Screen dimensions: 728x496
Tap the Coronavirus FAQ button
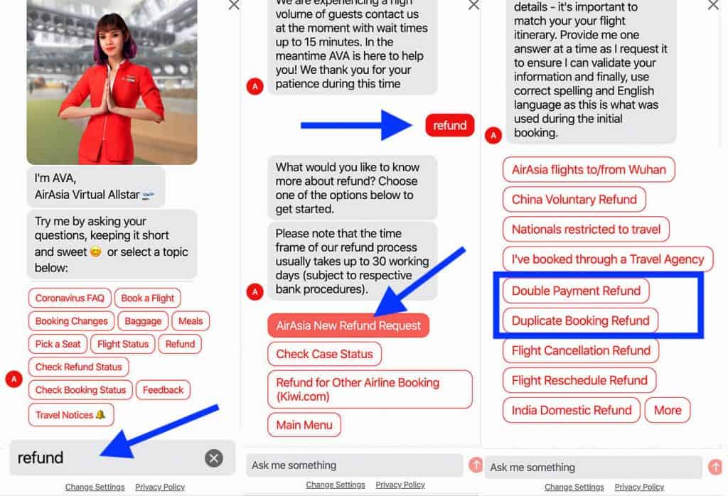point(70,298)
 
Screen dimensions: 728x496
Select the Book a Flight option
point(148,298)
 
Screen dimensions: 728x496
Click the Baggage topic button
point(143,321)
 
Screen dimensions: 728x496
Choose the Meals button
point(191,321)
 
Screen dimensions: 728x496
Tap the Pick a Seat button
point(58,344)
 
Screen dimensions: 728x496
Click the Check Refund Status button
point(79,367)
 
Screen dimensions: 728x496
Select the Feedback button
point(163,390)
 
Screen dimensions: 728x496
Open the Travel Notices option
point(71,415)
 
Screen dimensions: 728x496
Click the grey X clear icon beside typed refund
point(213,458)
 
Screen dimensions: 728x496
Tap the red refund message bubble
point(450,125)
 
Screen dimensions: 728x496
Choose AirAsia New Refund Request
point(348,325)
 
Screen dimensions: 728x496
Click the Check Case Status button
point(324,354)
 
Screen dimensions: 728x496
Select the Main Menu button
point(304,425)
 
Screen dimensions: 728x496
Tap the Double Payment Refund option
point(576,291)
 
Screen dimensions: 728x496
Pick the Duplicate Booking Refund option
point(580,320)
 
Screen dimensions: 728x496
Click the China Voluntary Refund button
point(574,200)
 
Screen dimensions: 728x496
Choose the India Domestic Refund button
point(572,410)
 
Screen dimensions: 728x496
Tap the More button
point(668,410)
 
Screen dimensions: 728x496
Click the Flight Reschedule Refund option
point(579,380)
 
